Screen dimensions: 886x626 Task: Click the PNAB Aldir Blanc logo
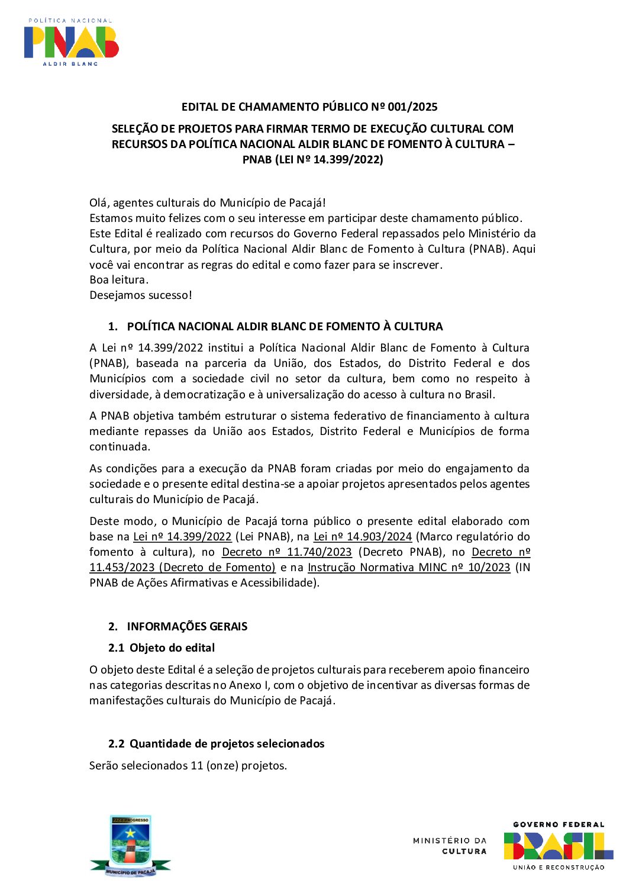click(71, 42)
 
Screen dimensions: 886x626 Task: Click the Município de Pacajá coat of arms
click(131, 846)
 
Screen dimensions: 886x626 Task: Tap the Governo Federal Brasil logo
click(558, 846)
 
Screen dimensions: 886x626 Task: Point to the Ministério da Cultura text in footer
click(450, 846)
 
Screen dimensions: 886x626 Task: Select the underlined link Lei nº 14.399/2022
click(182, 537)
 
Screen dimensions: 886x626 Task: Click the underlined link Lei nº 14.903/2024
click(363, 537)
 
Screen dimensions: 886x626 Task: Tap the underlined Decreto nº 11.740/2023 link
click(287, 552)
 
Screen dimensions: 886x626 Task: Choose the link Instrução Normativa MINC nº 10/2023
click(409, 568)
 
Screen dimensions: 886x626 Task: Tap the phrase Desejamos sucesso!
click(141, 295)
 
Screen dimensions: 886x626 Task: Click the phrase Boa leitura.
click(118, 280)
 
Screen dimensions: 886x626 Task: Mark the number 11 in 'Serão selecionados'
click(197, 766)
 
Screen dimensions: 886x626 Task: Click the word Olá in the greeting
click(99, 203)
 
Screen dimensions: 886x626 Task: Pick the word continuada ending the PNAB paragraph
click(120, 447)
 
